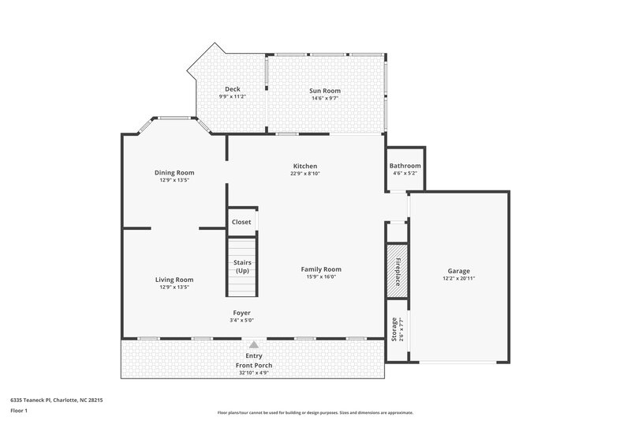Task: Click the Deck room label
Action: tap(232, 89)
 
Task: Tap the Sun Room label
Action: tap(324, 91)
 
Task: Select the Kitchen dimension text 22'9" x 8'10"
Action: tap(305, 174)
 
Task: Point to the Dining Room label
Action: tap(174, 172)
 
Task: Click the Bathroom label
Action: tap(405, 166)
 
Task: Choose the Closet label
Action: tap(241, 222)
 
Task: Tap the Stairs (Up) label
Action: tap(241, 266)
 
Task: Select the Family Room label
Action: tap(321, 269)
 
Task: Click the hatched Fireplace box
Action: tap(398, 270)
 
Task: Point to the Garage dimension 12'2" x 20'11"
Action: tap(458, 278)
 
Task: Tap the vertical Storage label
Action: tap(394, 329)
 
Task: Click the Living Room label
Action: tap(174, 280)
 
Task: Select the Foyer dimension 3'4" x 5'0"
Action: tap(241, 321)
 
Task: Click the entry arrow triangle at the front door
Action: tap(253, 345)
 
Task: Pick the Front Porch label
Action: tap(253, 366)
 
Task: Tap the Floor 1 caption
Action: tap(19, 411)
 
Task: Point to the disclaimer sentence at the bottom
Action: tap(315, 412)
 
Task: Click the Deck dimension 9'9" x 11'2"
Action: tap(232, 96)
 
